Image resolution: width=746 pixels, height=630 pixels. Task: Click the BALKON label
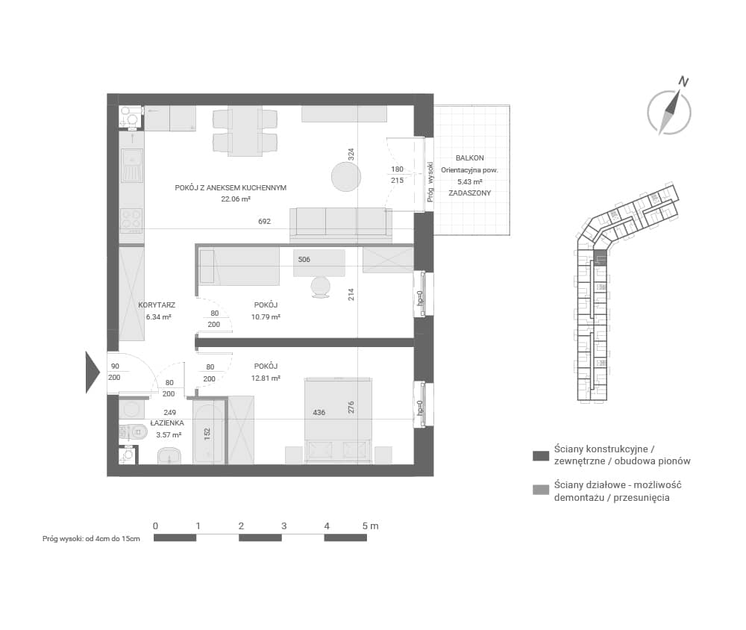469,158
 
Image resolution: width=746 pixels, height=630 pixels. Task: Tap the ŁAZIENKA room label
167,422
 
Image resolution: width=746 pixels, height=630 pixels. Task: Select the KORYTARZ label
157,305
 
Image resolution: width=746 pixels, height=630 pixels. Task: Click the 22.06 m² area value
236,199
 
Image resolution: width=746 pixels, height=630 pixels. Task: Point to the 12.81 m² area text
266,378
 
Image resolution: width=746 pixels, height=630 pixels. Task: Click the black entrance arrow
93,372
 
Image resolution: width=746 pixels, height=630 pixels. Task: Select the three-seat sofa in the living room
341,225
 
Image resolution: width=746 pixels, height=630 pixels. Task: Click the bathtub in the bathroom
208,434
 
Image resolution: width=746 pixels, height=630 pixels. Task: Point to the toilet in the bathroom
133,431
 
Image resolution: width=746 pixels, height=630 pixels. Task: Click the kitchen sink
132,165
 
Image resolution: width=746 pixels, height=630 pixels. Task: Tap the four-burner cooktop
131,220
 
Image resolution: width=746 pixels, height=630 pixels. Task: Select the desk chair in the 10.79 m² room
320,287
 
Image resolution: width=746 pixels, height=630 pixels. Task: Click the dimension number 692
265,222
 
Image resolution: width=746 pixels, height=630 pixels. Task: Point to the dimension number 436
319,412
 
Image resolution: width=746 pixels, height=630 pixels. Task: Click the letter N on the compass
683,81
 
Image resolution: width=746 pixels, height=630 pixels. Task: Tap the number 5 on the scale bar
365,526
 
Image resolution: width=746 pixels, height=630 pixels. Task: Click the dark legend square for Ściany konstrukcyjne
541,455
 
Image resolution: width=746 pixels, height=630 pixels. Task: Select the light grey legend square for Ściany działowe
541,490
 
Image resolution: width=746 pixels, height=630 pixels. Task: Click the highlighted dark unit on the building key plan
601,258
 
